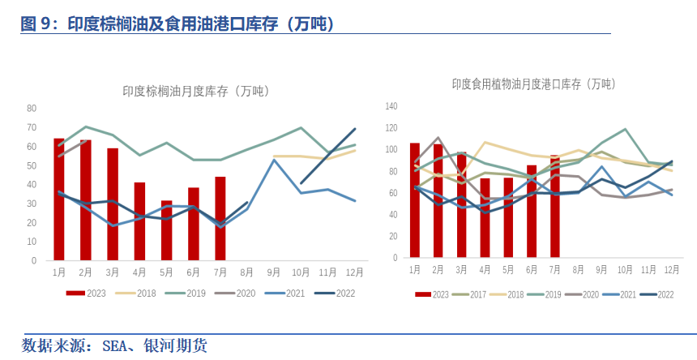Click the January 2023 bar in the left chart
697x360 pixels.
pos(59,199)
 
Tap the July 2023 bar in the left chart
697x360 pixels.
pos(220,219)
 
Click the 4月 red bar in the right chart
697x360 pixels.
pos(485,217)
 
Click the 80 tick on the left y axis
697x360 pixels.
pos(32,108)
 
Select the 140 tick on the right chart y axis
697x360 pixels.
pos(391,106)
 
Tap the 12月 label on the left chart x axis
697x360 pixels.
pos(353,272)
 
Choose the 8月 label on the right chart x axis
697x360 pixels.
pos(579,268)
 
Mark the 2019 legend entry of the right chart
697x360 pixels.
pos(551,295)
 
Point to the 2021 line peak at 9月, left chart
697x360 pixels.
pos(274,160)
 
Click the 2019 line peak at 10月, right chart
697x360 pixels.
pos(625,129)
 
